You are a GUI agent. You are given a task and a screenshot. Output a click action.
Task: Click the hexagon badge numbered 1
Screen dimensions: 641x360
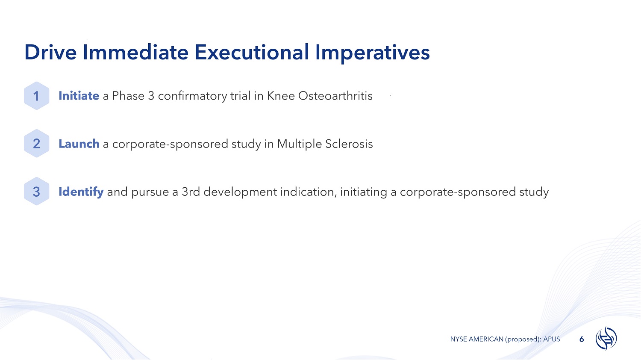[x=36, y=96]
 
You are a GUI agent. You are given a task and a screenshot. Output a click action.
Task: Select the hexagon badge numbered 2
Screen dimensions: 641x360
[x=36, y=144]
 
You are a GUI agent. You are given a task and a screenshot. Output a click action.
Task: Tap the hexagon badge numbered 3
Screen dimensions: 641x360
[x=36, y=191]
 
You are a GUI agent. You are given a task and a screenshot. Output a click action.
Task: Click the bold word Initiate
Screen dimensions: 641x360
[x=79, y=96]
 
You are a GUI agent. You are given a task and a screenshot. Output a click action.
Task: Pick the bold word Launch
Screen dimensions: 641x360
[x=79, y=144]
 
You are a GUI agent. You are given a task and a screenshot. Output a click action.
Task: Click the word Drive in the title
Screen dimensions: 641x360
[x=50, y=53]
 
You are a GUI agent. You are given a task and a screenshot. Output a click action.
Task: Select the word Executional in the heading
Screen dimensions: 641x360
[x=252, y=53]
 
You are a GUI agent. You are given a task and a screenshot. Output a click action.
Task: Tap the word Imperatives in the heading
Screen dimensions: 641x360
[x=372, y=53]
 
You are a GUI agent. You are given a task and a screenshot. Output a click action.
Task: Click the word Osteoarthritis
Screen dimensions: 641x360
[x=335, y=96]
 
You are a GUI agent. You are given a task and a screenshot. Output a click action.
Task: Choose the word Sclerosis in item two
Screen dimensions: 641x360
[x=349, y=144]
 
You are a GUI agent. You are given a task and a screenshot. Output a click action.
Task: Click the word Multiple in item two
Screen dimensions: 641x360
[x=299, y=144]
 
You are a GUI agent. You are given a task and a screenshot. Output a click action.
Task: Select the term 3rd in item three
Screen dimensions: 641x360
[x=191, y=192]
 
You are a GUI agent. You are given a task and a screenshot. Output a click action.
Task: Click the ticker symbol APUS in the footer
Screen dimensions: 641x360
[x=551, y=339]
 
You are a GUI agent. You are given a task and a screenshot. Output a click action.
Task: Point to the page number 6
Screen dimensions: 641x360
[x=582, y=339]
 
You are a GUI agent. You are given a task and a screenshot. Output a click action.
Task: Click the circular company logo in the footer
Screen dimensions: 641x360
[x=606, y=338]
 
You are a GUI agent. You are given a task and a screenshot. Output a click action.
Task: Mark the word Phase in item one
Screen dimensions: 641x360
[x=128, y=96]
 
